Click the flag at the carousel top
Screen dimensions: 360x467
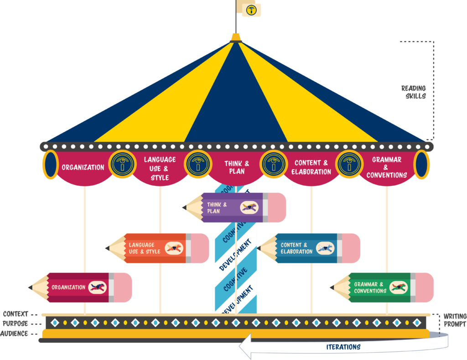click(x=251, y=10)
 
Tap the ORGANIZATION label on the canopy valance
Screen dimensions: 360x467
click(x=83, y=167)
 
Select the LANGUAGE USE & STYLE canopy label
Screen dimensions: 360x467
click(x=160, y=168)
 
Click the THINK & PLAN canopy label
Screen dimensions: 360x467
click(x=237, y=167)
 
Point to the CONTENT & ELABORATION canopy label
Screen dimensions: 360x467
click(x=311, y=167)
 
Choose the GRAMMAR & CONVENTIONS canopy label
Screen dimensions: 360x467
click(x=387, y=167)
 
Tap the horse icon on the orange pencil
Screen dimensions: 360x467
click(x=173, y=248)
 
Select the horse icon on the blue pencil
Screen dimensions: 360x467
click(x=325, y=248)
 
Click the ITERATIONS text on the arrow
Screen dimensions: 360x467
click(x=343, y=347)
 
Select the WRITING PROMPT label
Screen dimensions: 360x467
click(x=455, y=320)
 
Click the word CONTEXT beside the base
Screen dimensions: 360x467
click(x=16, y=314)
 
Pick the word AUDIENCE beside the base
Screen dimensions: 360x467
click(x=15, y=334)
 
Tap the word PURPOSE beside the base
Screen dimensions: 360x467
click(x=16, y=324)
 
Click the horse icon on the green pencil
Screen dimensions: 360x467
click(x=398, y=288)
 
